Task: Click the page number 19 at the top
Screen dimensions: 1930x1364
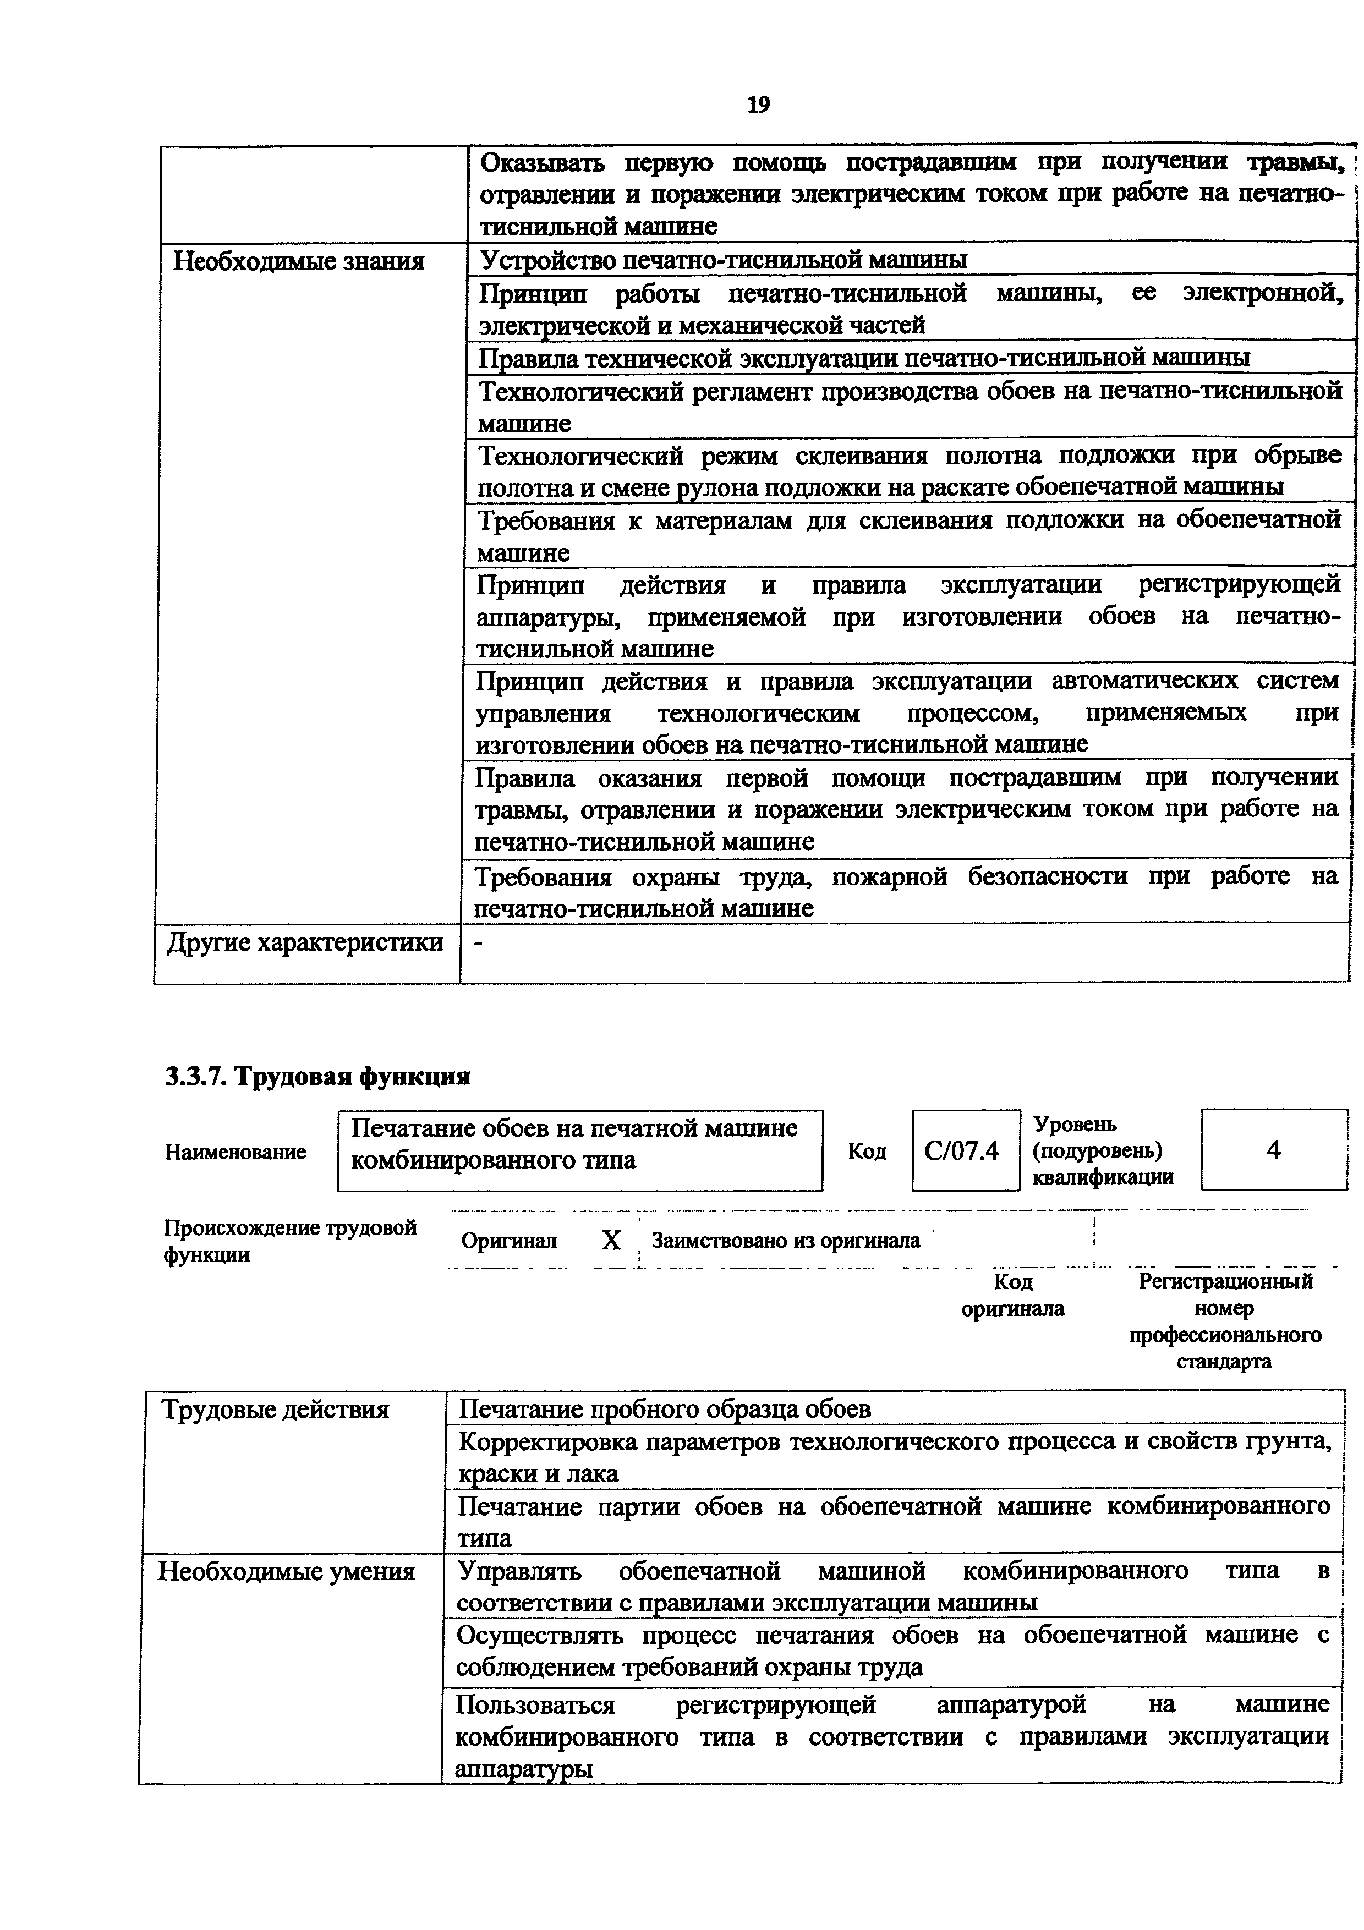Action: point(758,105)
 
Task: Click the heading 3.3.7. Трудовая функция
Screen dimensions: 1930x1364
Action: point(317,1076)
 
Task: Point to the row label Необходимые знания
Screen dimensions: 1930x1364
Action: point(298,261)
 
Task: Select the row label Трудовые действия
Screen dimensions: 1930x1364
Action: point(275,1409)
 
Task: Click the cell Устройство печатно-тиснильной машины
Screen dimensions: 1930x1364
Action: point(723,260)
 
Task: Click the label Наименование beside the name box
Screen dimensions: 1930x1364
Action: point(235,1152)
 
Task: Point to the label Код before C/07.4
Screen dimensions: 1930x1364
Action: point(867,1152)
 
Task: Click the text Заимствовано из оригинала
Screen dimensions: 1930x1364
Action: point(785,1241)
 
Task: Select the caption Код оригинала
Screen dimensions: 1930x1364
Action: point(1013,1295)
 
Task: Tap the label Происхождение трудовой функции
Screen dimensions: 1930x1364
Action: point(290,1241)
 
